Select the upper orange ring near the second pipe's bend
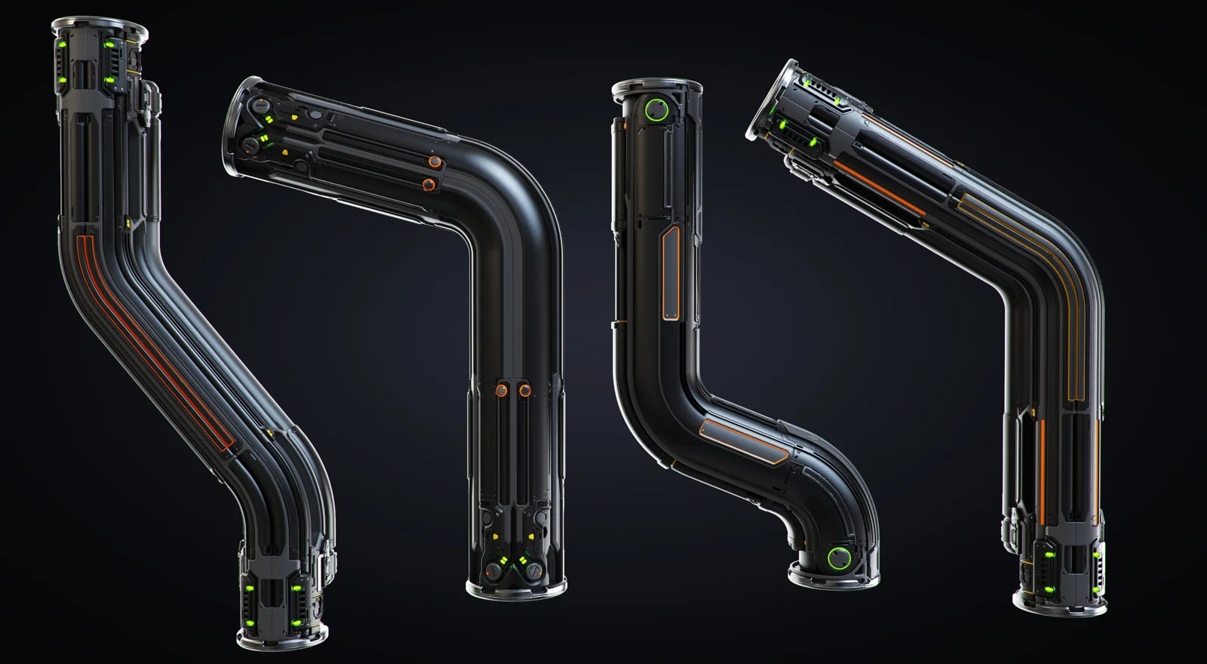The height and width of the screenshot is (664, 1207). point(435,161)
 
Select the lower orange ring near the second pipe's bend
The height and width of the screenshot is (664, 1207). point(429,184)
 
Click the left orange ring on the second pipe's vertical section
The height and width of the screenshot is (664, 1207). point(500,390)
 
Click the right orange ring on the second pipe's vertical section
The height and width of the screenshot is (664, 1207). point(524,390)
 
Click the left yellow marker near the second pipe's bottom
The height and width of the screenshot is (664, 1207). point(493,537)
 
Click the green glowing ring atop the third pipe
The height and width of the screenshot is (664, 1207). point(658,111)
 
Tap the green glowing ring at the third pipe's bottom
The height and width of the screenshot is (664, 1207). point(838,559)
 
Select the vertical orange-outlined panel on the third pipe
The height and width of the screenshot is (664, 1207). point(668,275)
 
